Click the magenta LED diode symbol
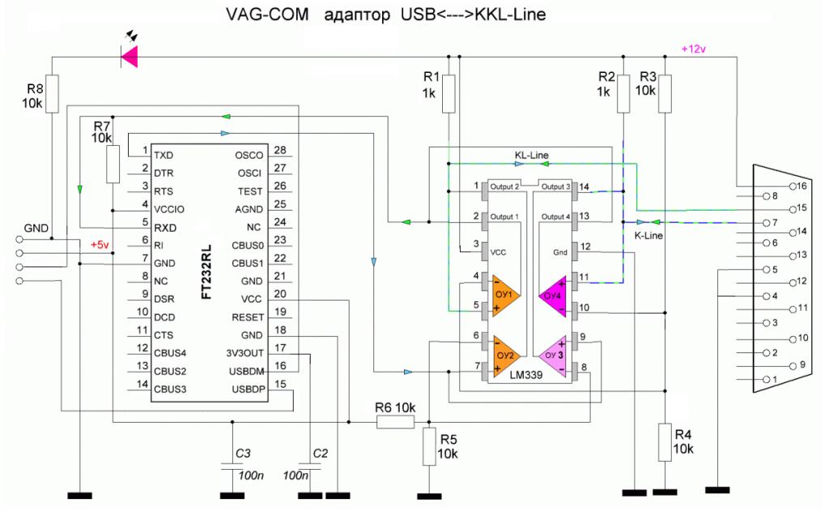pos(129,56)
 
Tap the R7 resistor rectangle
pos(113,164)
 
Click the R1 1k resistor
pos(450,93)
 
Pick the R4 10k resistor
pos(664,441)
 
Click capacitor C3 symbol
pos(232,468)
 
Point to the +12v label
pos(695,49)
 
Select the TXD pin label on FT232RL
pos(164,155)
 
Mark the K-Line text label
pos(648,236)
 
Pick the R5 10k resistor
pos(428,446)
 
